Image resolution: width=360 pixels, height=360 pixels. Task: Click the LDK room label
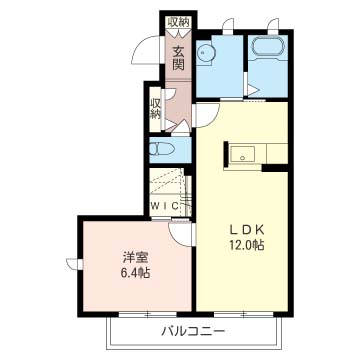247,229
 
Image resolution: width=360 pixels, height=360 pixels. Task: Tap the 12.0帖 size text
247,245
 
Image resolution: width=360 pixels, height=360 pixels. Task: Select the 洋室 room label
135,258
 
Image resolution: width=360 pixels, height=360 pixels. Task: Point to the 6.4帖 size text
135,273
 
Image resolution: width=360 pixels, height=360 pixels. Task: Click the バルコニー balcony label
193,331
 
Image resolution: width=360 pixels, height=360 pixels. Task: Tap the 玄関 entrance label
178,58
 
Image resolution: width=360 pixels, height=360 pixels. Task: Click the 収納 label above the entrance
178,22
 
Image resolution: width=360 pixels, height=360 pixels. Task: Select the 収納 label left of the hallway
155,108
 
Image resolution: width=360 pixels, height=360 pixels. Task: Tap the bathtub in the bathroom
268,46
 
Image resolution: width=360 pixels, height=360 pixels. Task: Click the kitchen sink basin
243,154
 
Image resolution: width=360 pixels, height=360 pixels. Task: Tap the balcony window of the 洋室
148,314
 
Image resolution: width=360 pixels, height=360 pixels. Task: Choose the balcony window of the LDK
243,314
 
